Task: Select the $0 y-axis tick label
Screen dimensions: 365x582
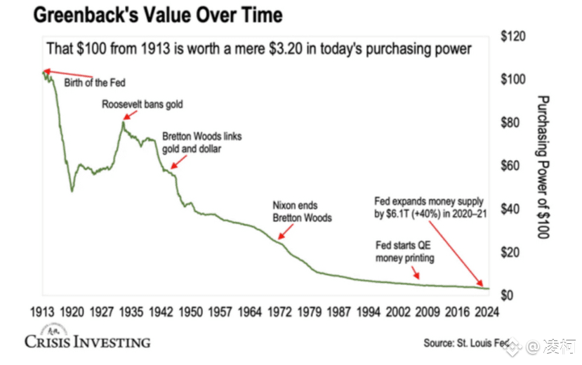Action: tap(509, 296)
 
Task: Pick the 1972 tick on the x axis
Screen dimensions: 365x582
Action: tap(278, 312)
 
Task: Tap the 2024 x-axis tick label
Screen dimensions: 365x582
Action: tap(485, 312)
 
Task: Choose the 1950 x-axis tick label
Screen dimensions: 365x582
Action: tap(190, 312)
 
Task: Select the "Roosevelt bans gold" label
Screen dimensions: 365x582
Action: tap(143, 105)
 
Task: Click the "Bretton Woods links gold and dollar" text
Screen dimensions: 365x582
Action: tap(201, 142)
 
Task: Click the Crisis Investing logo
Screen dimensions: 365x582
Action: tap(87, 340)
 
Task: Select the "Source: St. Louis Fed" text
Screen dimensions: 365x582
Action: tap(465, 343)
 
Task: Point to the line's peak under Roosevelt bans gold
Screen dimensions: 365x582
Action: tap(123, 123)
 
